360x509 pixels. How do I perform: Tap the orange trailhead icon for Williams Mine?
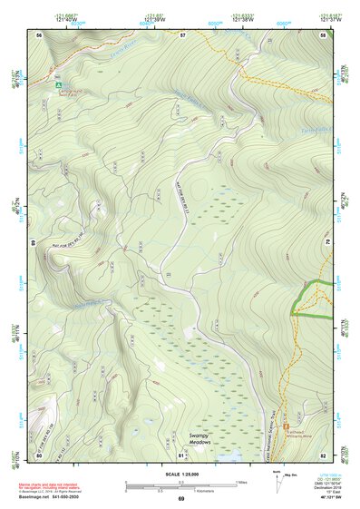point(287,426)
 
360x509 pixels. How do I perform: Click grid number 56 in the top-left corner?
point(39,34)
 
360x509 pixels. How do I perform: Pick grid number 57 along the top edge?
point(181,34)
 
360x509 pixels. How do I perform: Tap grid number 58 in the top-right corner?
point(324,34)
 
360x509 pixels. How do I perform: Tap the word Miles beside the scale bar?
point(239,482)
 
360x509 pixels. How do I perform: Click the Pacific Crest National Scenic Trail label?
point(269,426)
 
